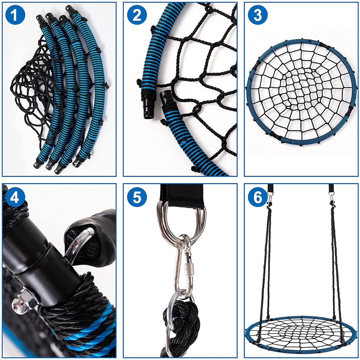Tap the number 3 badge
click(x=257, y=15)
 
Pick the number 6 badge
click(x=257, y=198)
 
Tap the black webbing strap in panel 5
click(x=182, y=195)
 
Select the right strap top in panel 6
click(x=332, y=189)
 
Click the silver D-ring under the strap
click(x=181, y=221)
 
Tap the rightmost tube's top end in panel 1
click(x=71, y=9)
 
